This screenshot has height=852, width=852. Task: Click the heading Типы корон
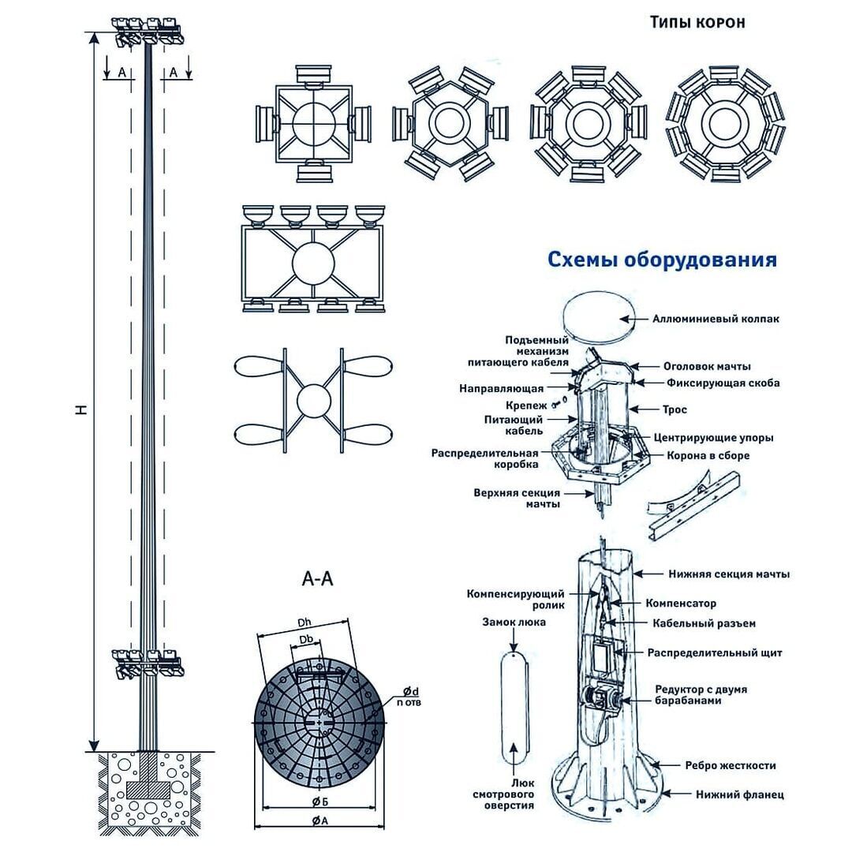pyautogui.click(x=697, y=21)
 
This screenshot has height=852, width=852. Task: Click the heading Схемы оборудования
pyautogui.click(x=661, y=260)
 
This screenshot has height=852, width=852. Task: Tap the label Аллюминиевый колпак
pyautogui.click(x=716, y=319)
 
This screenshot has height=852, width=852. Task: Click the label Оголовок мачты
pyautogui.click(x=706, y=366)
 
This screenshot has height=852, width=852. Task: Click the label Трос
pyautogui.click(x=676, y=409)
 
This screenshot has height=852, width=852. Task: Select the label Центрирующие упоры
pyautogui.click(x=713, y=437)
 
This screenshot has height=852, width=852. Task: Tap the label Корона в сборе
pyautogui.click(x=708, y=455)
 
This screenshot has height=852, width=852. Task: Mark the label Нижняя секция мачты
pyautogui.click(x=729, y=574)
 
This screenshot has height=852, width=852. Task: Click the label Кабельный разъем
pyautogui.click(x=704, y=623)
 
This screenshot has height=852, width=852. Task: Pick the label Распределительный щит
pyautogui.click(x=715, y=652)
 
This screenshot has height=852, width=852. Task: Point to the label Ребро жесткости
pyautogui.click(x=731, y=765)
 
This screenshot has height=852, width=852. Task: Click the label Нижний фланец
pyautogui.click(x=739, y=795)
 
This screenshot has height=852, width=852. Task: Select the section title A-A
pyautogui.click(x=318, y=580)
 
